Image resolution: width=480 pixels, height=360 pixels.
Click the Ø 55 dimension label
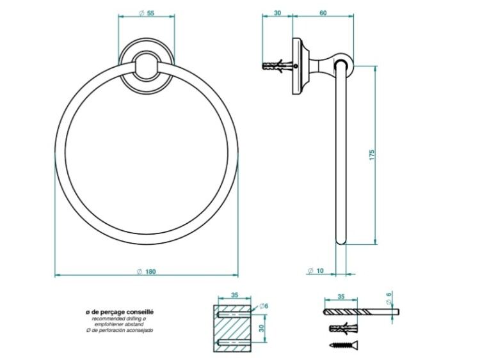tap(147, 13)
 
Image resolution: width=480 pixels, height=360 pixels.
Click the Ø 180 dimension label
tap(147, 272)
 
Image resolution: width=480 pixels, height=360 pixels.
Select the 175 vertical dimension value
tap(372, 155)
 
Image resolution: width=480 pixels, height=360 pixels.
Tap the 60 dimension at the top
tap(323, 13)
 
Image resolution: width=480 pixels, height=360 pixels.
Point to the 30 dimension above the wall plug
tap(277, 13)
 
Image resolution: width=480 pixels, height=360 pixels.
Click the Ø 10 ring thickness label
tap(316, 270)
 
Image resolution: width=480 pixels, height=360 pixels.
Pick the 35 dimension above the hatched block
tap(234, 295)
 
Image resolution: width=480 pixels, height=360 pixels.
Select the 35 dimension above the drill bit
tap(341, 297)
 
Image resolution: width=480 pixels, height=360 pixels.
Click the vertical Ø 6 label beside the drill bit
tap(388, 298)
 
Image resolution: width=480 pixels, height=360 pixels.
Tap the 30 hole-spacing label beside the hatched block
tap(261, 328)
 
